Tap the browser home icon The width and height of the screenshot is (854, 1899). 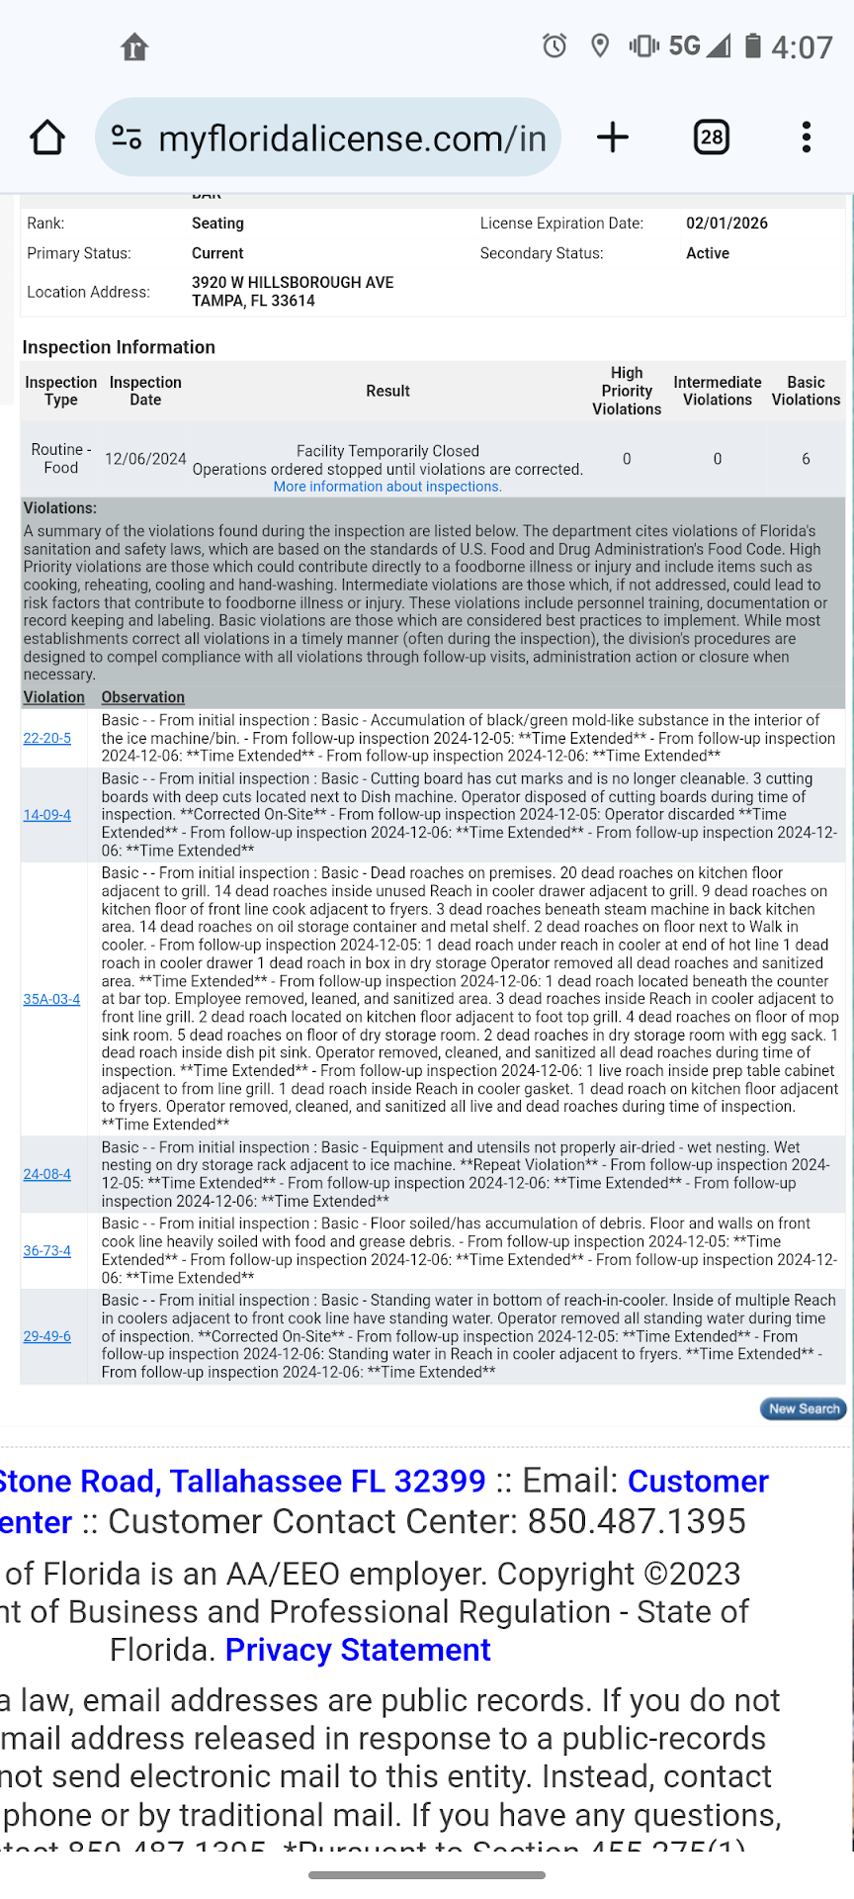coord(47,137)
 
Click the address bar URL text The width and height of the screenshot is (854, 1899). coord(352,138)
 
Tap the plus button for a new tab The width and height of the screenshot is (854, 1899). coord(613,137)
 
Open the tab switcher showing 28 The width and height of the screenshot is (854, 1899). coord(712,137)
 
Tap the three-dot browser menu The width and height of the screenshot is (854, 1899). coord(807,137)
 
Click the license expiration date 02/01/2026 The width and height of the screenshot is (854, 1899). coord(726,224)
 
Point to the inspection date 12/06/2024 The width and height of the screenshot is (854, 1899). coord(145,459)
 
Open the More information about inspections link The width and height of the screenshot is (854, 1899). coord(387,487)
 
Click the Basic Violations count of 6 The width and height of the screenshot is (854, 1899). coord(806,459)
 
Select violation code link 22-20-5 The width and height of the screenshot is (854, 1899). coord(47,739)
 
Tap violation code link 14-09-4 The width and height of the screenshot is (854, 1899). coord(47,815)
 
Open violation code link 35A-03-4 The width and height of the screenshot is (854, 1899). coord(51,999)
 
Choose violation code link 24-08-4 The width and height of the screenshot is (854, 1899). coord(47,1174)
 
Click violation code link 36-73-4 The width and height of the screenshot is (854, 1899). coord(47,1251)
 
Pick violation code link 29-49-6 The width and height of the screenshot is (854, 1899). coord(47,1336)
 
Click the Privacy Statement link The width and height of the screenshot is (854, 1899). coord(358,1650)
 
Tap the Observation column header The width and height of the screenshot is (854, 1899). coord(142,697)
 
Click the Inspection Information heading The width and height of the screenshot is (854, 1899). coord(119,347)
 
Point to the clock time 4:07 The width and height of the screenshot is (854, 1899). coord(802,47)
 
